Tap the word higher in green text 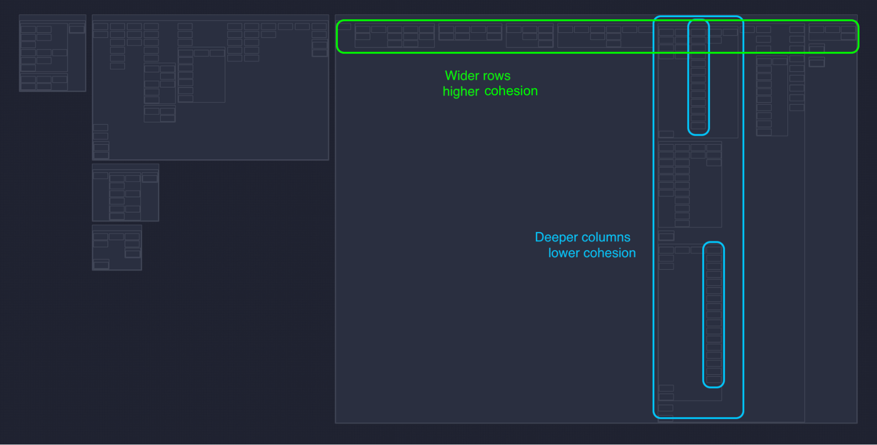pyautogui.click(x=461, y=91)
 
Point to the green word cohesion pyautogui.click(x=511, y=91)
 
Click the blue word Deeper pyautogui.click(x=556, y=237)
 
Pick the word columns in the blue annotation pyautogui.click(x=607, y=237)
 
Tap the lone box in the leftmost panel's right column pyautogui.click(x=77, y=29)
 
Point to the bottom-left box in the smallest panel pyautogui.click(x=101, y=265)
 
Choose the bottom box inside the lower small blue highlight pyautogui.click(x=714, y=379)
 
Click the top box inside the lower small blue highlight pyautogui.click(x=714, y=250)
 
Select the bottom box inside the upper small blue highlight pyautogui.click(x=698, y=126)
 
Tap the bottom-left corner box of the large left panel pyautogui.click(x=101, y=155)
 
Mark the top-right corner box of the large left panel pyautogui.click(x=319, y=27)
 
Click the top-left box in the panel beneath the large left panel pyautogui.click(x=100, y=176)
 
